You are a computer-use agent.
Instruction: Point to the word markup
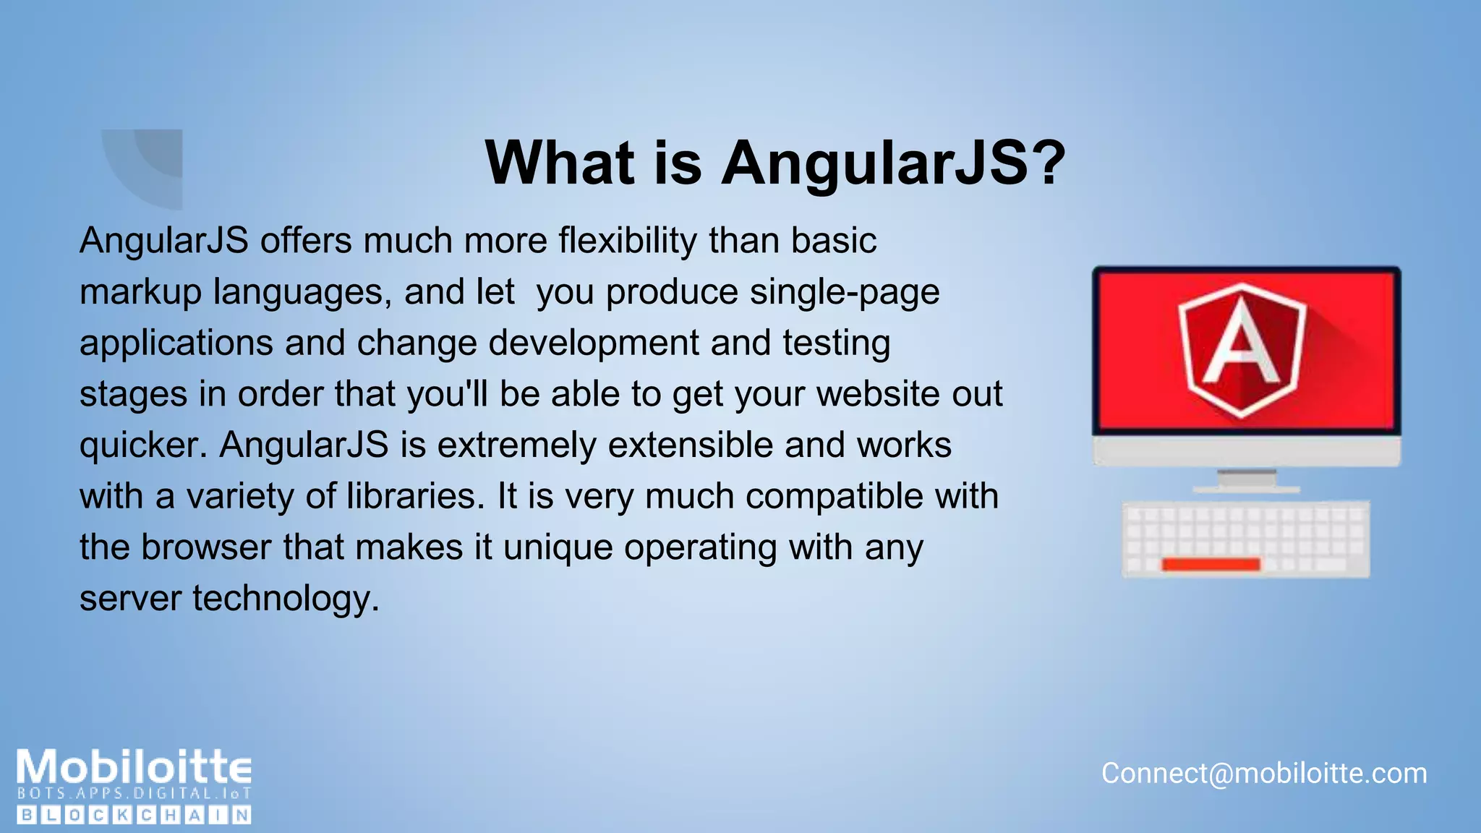[x=140, y=293]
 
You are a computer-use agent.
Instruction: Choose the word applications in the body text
[x=176, y=343]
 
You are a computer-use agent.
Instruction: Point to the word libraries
[x=415, y=497]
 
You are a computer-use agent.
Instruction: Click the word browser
[x=206, y=547]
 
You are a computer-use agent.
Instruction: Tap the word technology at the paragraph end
[x=286, y=599]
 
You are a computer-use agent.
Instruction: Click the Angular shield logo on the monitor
[x=1242, y=349]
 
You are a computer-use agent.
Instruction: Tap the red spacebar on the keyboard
[x=1211, y=564]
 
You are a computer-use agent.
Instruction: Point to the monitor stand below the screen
[x=1246, y=481]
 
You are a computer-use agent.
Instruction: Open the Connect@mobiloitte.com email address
[x=1264, y=774]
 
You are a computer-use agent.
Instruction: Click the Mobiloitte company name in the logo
[x=135, y=767]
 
